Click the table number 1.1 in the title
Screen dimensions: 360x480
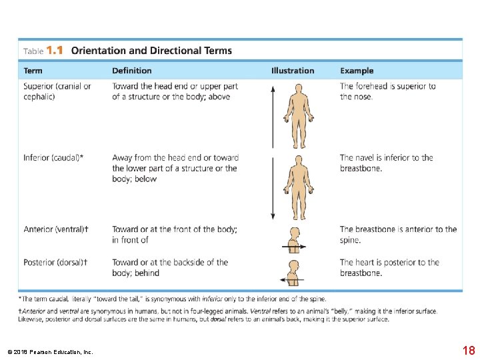coord(55,50)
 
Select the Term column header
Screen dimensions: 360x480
coord(33,71)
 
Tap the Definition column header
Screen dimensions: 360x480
coord(131,71)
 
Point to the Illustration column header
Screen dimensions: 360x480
coord(292,71)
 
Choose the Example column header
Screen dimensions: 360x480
coord(357,71)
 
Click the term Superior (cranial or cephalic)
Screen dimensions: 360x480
coord(57,91)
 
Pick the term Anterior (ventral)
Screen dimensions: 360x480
coord(56,229)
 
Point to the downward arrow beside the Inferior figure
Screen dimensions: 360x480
coord(272,186)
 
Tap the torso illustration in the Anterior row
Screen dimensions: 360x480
coord(293,240)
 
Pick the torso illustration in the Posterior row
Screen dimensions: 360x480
coord(293,273)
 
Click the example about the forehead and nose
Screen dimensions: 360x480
coord(387,91)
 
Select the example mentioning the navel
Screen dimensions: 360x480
coord(386,163)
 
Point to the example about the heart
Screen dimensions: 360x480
coord(389,267)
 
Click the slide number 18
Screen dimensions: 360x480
coord(468,351)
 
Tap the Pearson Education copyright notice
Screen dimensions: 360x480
coord(50,352)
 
